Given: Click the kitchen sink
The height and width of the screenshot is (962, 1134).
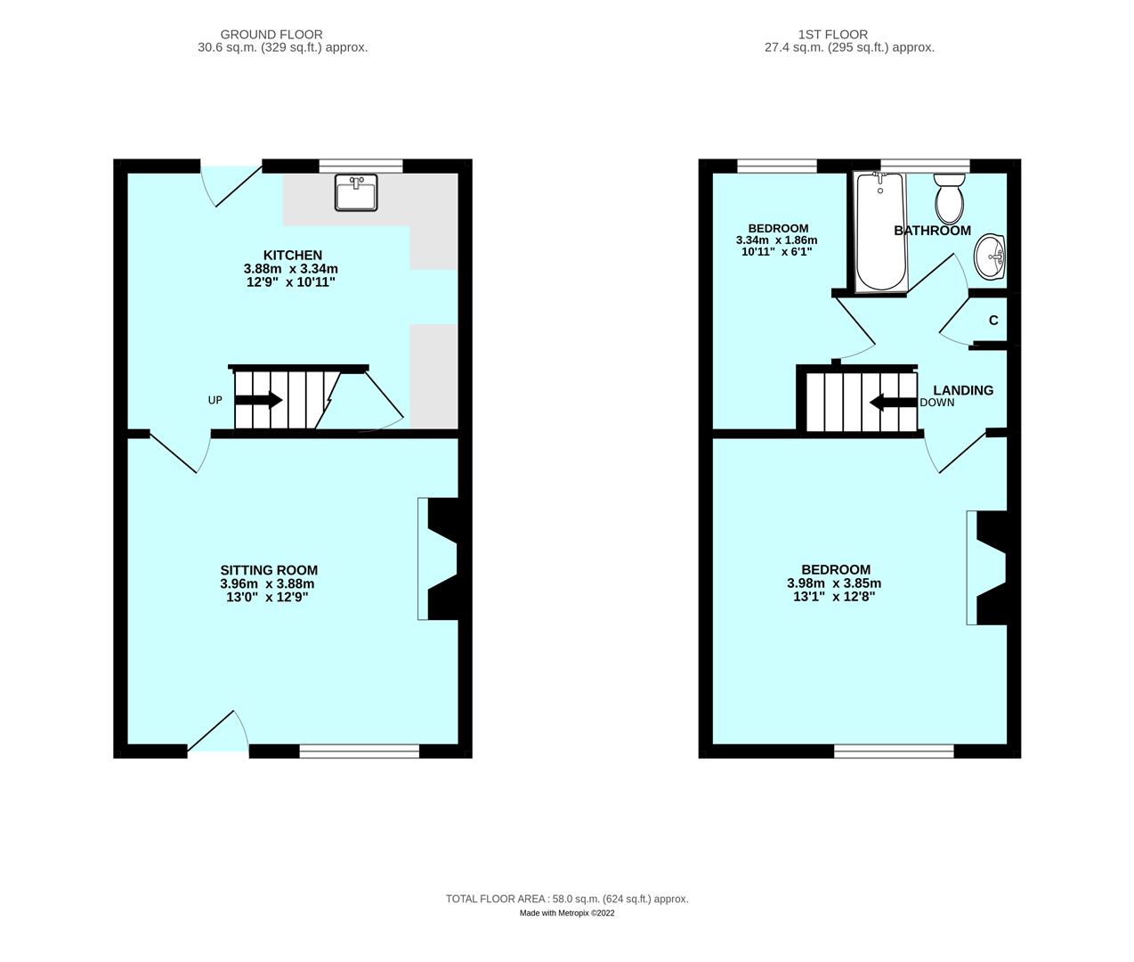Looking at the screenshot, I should coord(356,192).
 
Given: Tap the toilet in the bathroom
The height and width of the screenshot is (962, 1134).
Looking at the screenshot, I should coord(949,199).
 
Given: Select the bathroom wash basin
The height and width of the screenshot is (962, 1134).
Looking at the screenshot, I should coord(991,257).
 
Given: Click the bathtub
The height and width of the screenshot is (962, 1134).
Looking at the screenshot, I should coord(879,232).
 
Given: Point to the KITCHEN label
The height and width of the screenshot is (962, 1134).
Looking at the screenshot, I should coord(292,255).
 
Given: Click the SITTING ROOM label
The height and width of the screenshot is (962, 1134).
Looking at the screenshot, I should coord(269,570).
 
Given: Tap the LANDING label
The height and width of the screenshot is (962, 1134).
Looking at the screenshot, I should coord(963,390).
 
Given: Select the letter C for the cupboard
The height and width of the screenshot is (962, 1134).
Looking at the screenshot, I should coord(993,321).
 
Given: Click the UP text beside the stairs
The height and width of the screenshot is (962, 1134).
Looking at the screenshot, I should coord(215,400).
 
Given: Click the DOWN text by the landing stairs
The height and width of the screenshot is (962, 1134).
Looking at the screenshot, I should coord(937,403).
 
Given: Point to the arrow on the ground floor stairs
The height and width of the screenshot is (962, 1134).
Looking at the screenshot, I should coord(259,400).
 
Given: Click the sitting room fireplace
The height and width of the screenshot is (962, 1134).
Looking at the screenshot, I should coord(441,558).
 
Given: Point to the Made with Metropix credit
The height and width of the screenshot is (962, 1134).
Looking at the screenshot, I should coord(567,913).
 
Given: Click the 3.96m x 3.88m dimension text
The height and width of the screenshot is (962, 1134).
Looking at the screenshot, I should coord(267,584).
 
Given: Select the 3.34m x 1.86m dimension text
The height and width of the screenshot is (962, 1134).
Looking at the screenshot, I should coord(776,240).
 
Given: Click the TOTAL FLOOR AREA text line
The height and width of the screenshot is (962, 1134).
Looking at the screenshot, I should coord(567,899).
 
